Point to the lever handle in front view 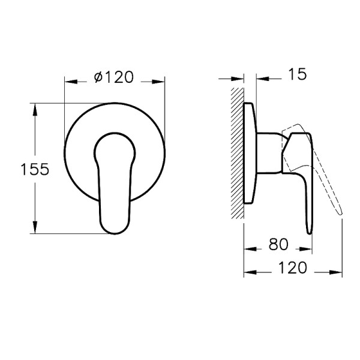coord(114,180)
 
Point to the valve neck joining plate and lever coord(269,153)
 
